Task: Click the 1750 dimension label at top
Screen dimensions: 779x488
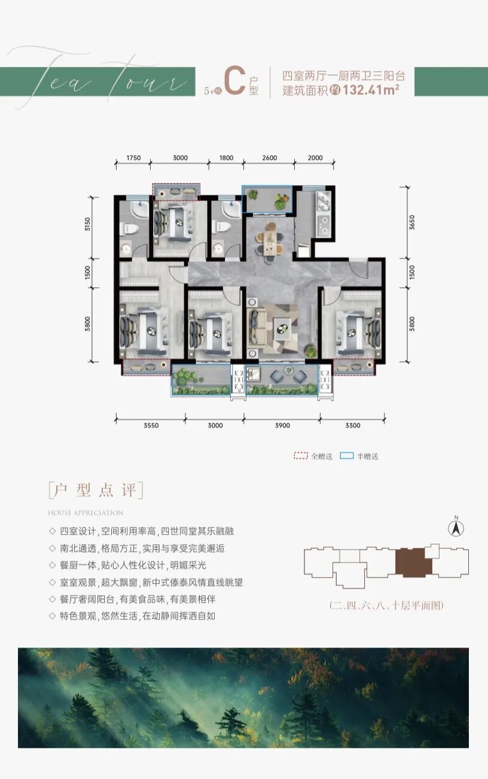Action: pos(133,158)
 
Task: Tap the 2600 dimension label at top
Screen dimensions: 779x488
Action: pos(270,158)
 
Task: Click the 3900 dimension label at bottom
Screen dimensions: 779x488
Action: pos(282,425)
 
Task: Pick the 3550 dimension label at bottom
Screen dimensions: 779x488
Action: pos(151,425)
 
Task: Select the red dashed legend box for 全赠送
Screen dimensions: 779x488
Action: pos(300,456)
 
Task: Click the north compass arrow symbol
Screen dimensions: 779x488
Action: pos(456,528)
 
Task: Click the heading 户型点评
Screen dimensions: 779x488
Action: pos(96,490)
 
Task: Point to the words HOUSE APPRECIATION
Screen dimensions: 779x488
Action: pos(86,513)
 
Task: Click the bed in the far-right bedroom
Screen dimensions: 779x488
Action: pos(358,327)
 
